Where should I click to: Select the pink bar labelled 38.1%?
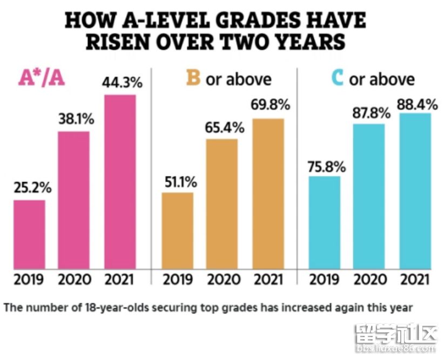click(74, 200)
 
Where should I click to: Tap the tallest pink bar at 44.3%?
click(119, 182)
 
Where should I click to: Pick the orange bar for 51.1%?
click(178, 230)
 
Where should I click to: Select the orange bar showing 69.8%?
click(268, 194)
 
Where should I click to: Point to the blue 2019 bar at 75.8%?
click(324, 222)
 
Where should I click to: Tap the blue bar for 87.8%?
click(369, 196)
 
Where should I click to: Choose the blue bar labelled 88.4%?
click(415, 191)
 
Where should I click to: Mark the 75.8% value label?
click(327, 166)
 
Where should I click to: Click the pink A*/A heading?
click(42, 79)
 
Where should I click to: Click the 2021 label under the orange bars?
click(268, 280)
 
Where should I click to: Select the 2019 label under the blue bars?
click(324, 280)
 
